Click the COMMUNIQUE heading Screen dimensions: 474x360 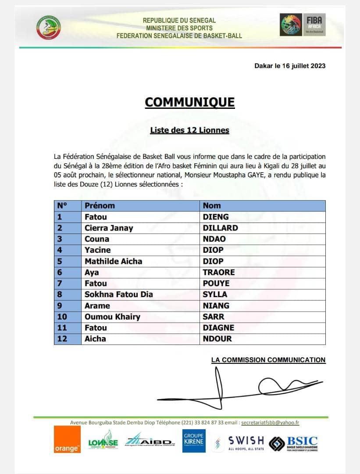[x=189, y=102]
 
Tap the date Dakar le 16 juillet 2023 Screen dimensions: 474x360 [x=290, y=66]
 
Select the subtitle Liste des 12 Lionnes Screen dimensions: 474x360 [x=189, y=130]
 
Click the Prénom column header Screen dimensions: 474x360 [x=100, y=205]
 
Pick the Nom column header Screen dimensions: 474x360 [x=212, y=205]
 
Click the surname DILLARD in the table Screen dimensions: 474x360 [x=220, y=228]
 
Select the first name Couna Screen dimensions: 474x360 [x=97, y=239]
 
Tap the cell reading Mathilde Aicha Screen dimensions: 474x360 [x=113, y=261]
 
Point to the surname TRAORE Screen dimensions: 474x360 [x=219, y=272]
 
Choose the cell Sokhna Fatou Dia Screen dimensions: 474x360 [x=118, y=294]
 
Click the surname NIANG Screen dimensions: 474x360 [x=216, y=305]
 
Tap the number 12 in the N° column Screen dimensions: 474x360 [x=62, y=339]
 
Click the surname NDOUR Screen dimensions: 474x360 [x=217, y=339]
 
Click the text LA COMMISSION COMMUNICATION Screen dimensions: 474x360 [x=268, y=360]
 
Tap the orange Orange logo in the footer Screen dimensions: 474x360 [x=67, y=440]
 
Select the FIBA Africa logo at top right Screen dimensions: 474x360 [x=303, y=25]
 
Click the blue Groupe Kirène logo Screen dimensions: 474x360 [x=194, y=440]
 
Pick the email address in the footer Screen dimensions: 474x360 [x=270, y=423]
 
